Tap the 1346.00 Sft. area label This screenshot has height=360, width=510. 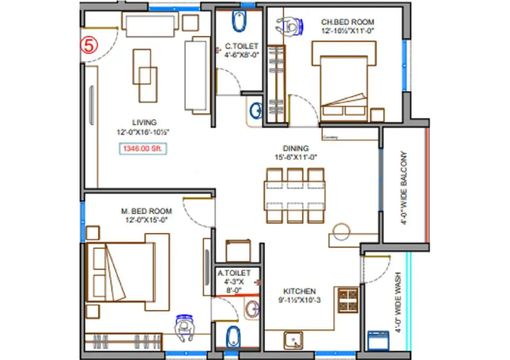[143, 149]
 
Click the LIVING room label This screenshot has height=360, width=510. [144, 122]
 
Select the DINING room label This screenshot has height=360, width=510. [296, 149]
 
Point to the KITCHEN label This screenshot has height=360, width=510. [299, 291]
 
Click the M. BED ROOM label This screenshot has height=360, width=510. [146, 211]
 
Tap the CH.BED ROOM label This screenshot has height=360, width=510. [347, 22]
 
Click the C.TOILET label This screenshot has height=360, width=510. [241, 46]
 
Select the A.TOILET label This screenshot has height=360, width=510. [234, 273]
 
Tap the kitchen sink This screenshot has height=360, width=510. [293, 340]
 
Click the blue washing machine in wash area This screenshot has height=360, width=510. [378, 341]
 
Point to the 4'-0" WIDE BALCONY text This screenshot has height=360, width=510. [405, 188]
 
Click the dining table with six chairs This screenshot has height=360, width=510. [295, 195]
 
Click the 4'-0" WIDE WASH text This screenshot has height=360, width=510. [398, 303]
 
